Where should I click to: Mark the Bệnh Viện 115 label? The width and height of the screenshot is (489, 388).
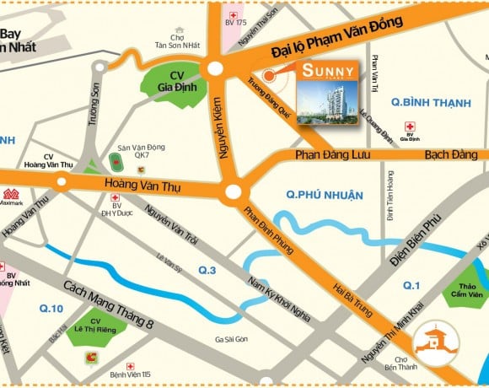pos(128,375)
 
